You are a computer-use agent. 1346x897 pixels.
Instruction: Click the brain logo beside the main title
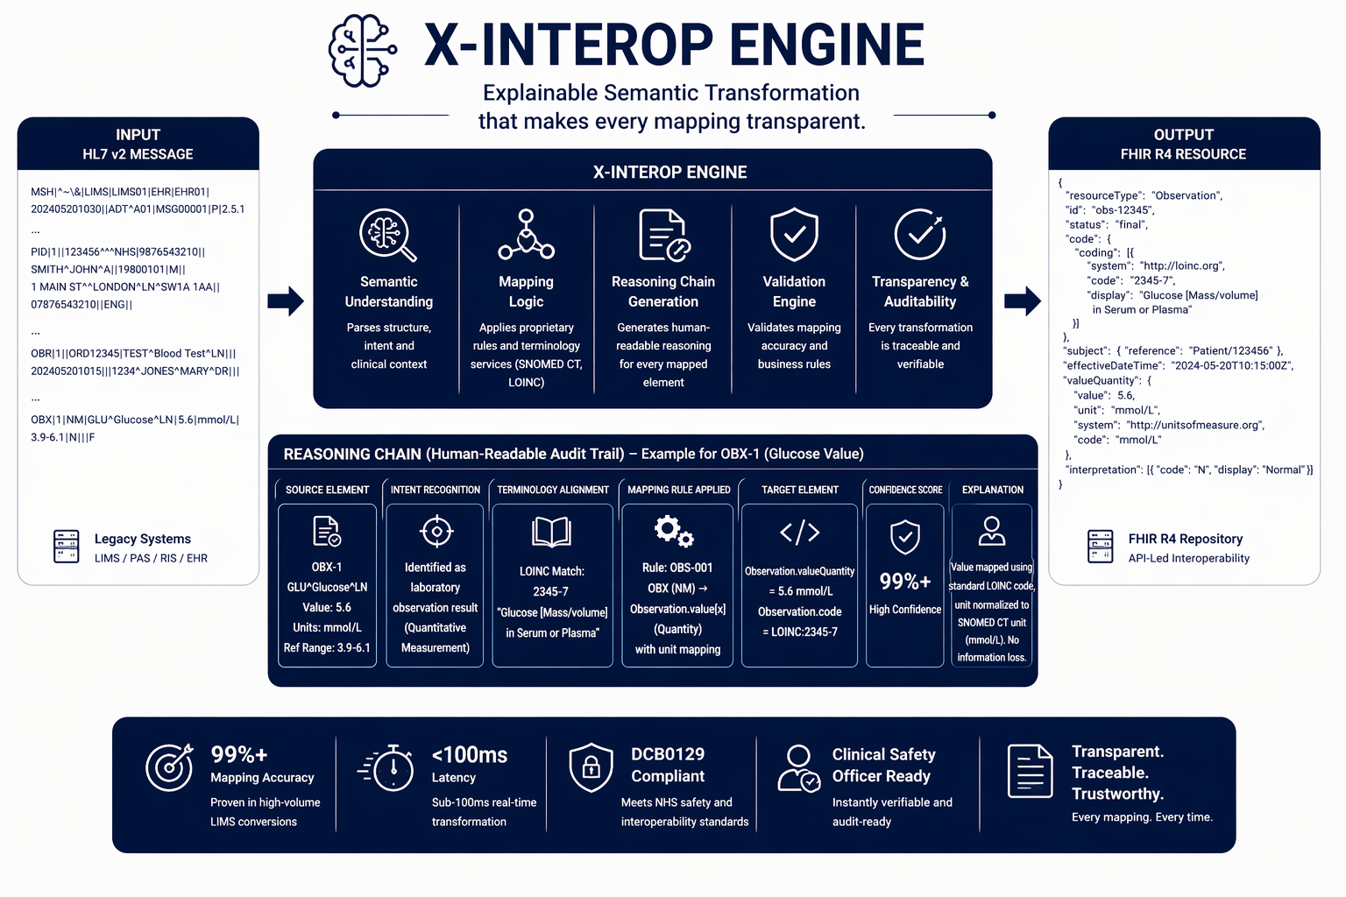(362, 50)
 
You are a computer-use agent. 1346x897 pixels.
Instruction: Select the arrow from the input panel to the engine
(286, 300)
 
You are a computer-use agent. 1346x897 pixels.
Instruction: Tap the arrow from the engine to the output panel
(1022, 300)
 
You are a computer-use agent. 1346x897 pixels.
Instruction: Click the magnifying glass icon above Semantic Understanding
(387, 235)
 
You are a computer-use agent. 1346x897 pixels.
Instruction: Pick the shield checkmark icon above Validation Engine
(794, 234)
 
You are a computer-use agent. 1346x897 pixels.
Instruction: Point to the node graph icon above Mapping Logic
(526, 235)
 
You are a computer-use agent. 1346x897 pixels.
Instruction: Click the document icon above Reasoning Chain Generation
(663, 235)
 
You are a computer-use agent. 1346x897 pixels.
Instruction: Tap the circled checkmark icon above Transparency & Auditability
(920, 234)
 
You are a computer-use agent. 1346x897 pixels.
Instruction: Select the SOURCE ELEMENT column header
(327, 490)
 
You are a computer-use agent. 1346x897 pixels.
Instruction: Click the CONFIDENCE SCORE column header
(905, 490)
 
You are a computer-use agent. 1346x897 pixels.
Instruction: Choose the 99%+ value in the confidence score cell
(905, 582)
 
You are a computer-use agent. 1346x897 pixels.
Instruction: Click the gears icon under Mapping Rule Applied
(674, 531)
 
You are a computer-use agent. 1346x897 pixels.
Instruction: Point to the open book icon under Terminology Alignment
(551, 532)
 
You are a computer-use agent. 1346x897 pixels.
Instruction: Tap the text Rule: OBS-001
(677, 568)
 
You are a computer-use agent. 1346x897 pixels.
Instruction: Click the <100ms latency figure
(470, 754)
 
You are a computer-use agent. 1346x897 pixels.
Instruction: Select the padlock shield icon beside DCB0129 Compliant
(591, 767)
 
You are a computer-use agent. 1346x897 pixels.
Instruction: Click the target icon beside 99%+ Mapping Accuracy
(169, 767)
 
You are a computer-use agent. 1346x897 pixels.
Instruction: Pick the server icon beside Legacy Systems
(67, 547)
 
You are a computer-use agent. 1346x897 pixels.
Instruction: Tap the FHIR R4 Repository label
(1185, 539)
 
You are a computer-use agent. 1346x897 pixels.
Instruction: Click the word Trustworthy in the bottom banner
(1117, 794)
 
